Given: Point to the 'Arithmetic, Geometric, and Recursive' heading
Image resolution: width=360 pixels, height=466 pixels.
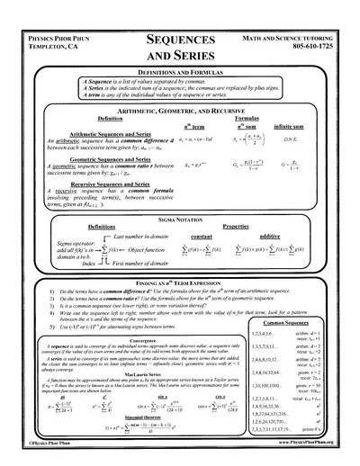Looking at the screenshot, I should point(179,108).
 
